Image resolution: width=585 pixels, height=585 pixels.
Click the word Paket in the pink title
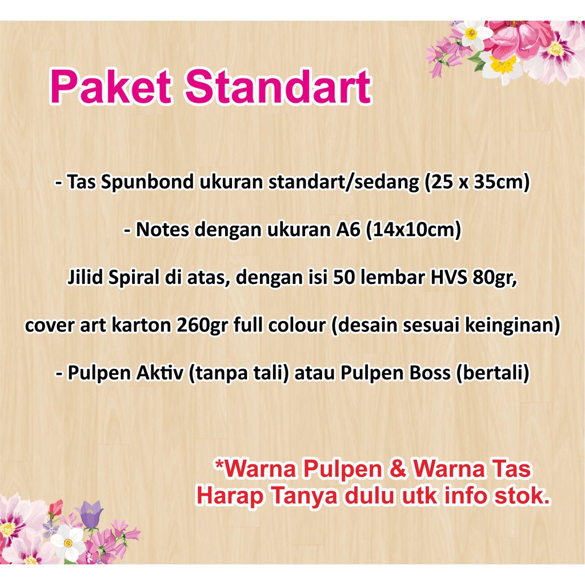pos(111,87)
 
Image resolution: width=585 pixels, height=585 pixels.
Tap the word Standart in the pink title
pos(278,86)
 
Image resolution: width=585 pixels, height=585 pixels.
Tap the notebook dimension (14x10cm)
pos(414,230)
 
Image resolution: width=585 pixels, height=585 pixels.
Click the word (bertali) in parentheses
pos(492,373)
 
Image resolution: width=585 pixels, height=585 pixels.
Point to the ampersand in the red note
pos(398,470)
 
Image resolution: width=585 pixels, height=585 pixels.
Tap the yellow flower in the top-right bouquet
pos(503,64)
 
